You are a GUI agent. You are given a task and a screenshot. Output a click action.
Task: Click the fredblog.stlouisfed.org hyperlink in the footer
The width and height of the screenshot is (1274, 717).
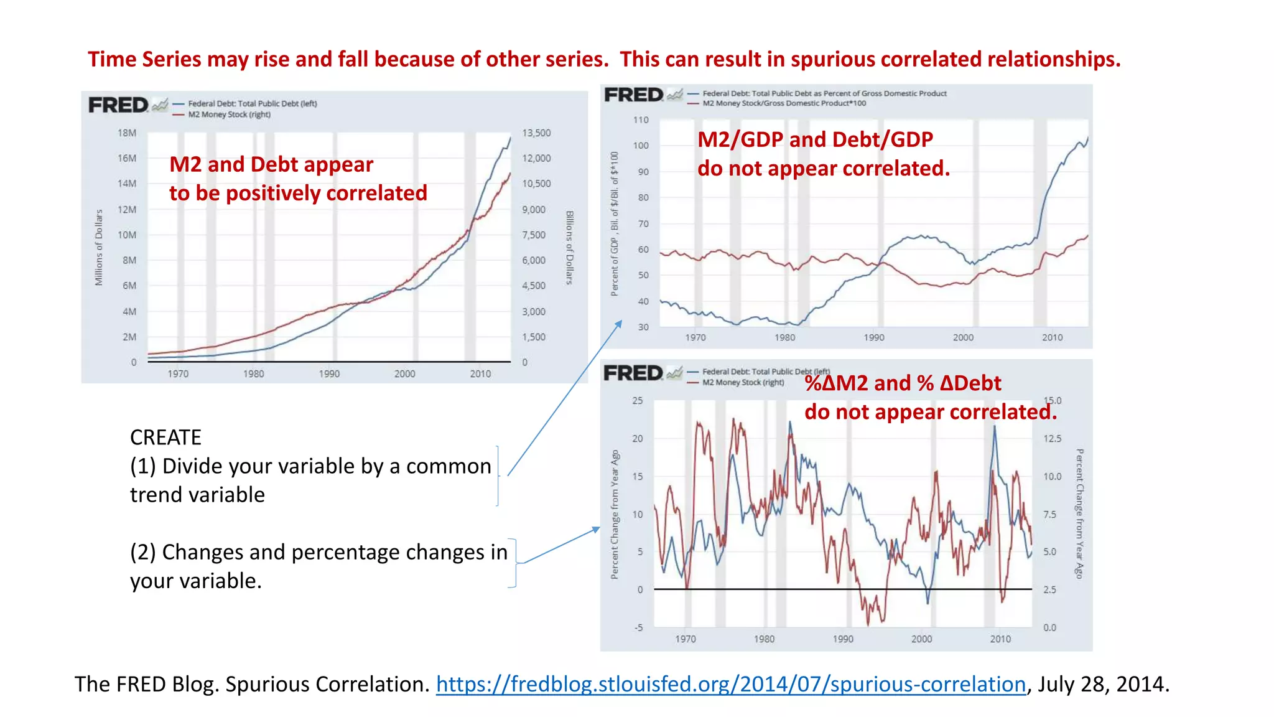point(730,684)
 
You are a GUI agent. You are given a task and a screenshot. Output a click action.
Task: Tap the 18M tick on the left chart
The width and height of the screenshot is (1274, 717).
point(127,133)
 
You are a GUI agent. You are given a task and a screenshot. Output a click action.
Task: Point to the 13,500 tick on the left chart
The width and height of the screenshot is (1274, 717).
point(536,133)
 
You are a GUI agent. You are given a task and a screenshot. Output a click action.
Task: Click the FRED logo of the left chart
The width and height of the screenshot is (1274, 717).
point(118,105)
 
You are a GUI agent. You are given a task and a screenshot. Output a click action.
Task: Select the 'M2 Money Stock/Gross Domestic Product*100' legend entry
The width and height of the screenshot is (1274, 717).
point(784,103)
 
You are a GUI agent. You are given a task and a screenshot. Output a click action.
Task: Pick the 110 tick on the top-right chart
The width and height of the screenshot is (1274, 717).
point(641,120)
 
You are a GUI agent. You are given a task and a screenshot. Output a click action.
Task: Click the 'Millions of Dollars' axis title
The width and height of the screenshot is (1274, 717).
point(99,247)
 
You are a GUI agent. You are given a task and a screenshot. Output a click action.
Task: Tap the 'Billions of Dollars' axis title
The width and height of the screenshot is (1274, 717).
point(569,248)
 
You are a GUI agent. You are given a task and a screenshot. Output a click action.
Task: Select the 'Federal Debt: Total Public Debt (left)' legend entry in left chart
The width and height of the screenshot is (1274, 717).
point(252,104)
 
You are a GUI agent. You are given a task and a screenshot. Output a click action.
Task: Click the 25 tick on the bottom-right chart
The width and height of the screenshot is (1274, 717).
point(638,401)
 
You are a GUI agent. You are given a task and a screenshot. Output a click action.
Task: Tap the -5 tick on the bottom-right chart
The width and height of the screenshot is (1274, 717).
point(638,627)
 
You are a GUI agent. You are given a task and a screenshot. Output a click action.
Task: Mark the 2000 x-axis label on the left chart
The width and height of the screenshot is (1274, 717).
point(404,374)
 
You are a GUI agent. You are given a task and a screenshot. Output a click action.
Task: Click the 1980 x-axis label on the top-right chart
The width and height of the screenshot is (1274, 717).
point(784,337)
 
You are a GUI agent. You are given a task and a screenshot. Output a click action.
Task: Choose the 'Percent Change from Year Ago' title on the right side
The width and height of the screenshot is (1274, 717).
point(1079,513)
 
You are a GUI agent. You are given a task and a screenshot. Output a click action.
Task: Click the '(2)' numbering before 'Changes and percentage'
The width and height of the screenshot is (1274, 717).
point(142,552)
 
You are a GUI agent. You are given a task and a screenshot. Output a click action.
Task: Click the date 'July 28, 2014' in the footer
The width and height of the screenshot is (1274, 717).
point(1103,684)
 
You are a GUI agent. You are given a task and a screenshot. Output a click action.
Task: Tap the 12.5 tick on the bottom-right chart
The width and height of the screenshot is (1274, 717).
point(1052,439)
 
